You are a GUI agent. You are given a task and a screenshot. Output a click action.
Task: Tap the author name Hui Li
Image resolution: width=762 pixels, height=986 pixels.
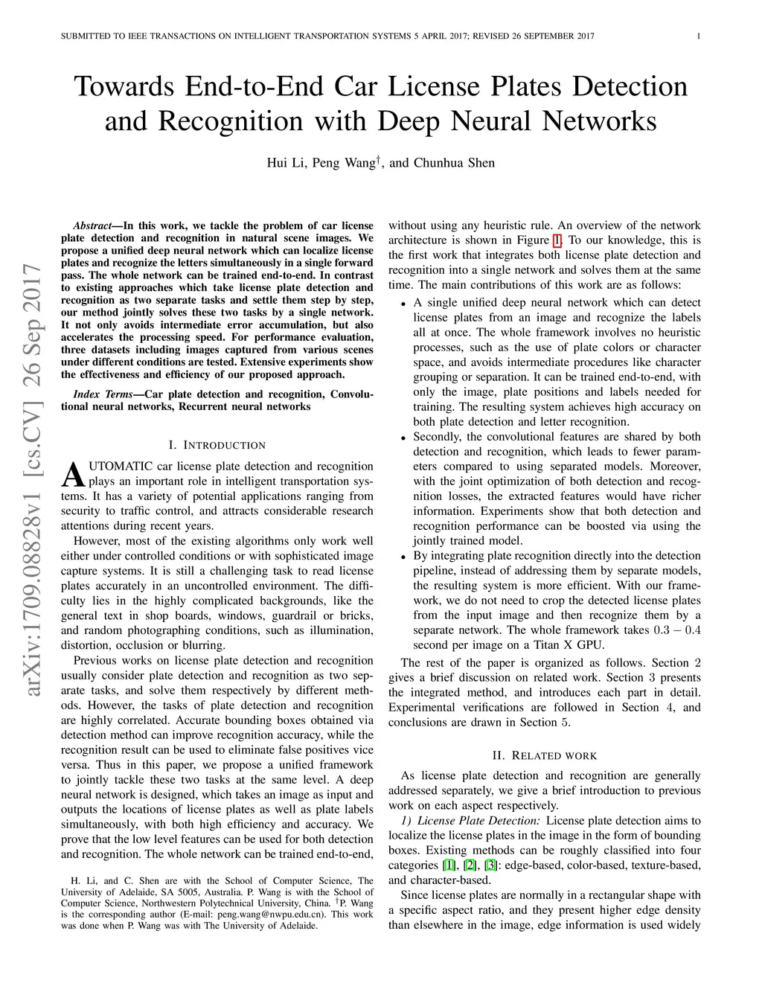286,163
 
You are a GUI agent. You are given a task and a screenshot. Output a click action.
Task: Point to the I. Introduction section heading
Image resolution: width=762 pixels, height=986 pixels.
217,445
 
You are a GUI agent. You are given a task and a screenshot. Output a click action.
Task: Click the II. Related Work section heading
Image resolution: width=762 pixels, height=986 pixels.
544,755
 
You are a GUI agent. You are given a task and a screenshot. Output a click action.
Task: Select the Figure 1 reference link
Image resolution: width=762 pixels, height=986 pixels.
557,240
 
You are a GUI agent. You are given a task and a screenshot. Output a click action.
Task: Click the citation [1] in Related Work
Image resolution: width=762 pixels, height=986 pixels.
449,865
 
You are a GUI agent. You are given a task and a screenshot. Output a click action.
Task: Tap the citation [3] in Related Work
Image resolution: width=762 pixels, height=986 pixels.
490,865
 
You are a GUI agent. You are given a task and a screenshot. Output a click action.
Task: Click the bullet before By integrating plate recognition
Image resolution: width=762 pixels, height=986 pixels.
402,557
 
